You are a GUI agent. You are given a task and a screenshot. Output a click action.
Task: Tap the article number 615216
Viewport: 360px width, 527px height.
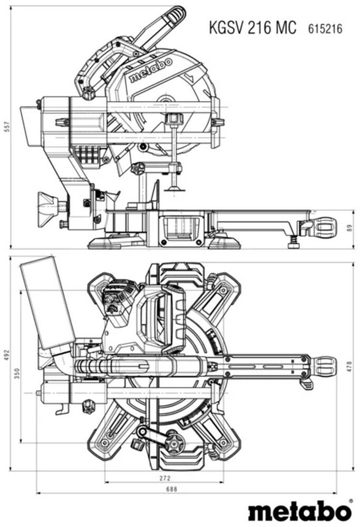(324, 28)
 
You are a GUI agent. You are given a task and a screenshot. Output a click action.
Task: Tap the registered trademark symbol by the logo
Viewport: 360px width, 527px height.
(351, 502)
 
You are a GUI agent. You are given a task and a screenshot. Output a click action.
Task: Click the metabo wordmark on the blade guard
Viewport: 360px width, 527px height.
(151, 70)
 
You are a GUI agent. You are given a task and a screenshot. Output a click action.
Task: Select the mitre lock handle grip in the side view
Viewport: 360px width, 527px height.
(323, 227)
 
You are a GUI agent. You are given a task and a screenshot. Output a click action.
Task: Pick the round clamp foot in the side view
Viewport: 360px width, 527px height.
(173, 188)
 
